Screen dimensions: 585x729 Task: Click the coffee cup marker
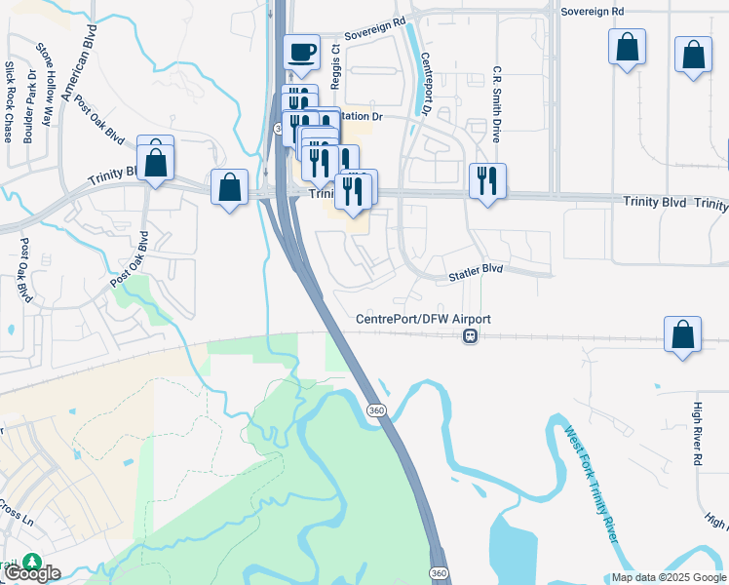(x=301, y=53)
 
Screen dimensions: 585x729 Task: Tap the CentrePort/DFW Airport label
(x=423, y=319)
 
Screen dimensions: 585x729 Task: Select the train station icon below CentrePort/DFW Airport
(x=470, y=335)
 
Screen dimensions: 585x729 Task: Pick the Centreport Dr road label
(x=426, y=86)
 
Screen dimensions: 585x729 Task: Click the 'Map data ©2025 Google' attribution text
(x=669, y=577)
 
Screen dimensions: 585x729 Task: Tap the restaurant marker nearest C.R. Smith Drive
(x=486, y=180)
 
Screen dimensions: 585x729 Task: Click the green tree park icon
(x=32, y=563)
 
